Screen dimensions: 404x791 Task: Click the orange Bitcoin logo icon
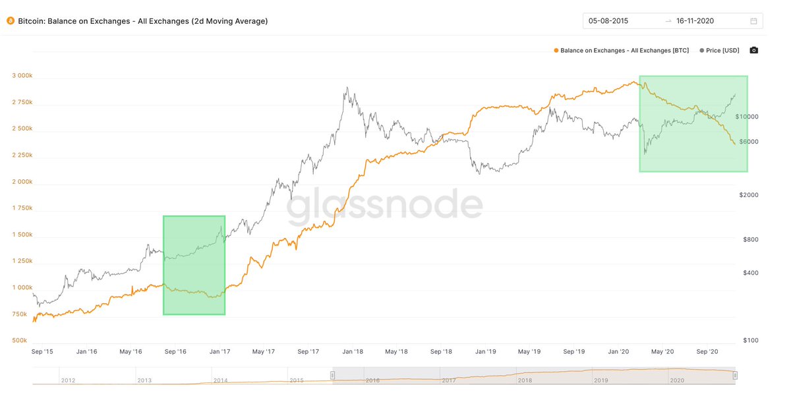click(10, 21)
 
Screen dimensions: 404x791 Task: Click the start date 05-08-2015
click(608, 21)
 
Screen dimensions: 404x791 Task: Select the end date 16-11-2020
click(695, 21)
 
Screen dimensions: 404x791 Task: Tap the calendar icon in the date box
click(753, 21)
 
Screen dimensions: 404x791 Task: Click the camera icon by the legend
click(754, 50)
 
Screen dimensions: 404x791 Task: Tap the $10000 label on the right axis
click(748, 117)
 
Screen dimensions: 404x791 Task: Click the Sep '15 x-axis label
click(42, 352)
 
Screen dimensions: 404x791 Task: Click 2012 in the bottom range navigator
click(68, 380)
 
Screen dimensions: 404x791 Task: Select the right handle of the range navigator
click(735, 376)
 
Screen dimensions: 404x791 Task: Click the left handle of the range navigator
click(333, 376)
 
